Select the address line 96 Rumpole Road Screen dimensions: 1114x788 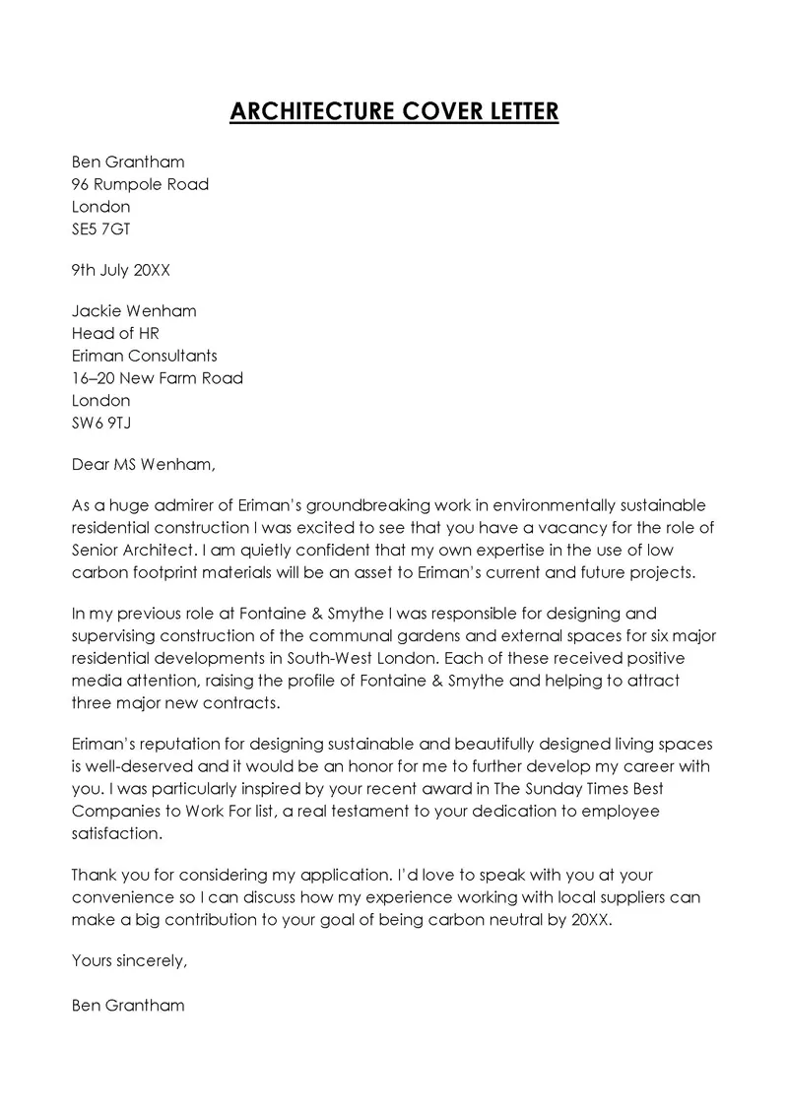tap(140, 184)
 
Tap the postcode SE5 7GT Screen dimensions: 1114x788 tap(100, 229)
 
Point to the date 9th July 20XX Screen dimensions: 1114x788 tap(127, 268)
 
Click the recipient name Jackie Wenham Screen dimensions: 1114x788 tap(134, 310)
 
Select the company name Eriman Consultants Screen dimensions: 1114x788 tap(145, 356)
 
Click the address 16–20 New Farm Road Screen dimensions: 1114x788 tap(158, 378)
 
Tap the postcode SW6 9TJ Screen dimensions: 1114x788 tap(101, 423)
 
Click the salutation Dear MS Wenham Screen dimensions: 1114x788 tap(143, 462)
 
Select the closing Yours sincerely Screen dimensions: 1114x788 tap(129, 961)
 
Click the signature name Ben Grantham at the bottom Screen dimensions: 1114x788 tap(128, 1006)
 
